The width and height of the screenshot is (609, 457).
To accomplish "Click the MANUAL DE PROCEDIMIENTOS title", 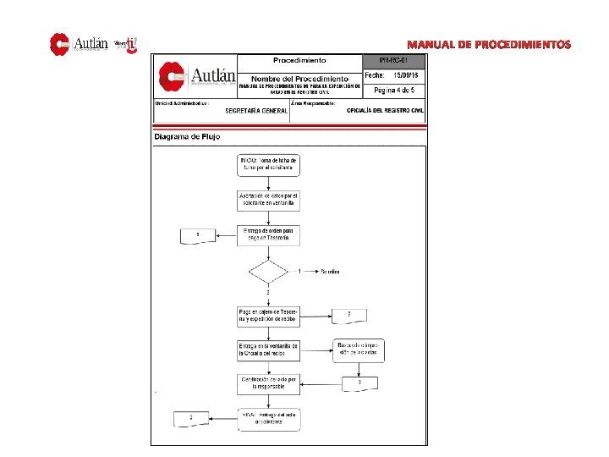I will point(489,44).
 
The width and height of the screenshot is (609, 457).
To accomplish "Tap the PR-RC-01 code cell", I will point(396,61).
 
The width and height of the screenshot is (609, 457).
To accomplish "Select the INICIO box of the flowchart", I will point(268,164).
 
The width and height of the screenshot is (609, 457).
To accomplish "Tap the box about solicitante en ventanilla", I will point(268,200).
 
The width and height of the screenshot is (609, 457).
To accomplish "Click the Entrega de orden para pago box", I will point(268,234).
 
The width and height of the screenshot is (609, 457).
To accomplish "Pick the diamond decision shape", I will point(268,272).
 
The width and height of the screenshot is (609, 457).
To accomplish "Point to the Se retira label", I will point(329,272).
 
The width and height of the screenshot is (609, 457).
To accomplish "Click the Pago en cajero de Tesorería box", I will point(268,316).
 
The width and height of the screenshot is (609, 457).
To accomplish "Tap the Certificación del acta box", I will point(268,383).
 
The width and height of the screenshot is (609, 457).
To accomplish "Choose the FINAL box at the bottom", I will point(268,417).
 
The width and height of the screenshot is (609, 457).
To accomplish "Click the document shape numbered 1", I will point(199,234).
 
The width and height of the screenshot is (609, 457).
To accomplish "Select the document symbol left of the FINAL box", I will point(193,417).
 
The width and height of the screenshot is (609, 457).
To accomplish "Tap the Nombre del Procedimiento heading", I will point(300,78).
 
